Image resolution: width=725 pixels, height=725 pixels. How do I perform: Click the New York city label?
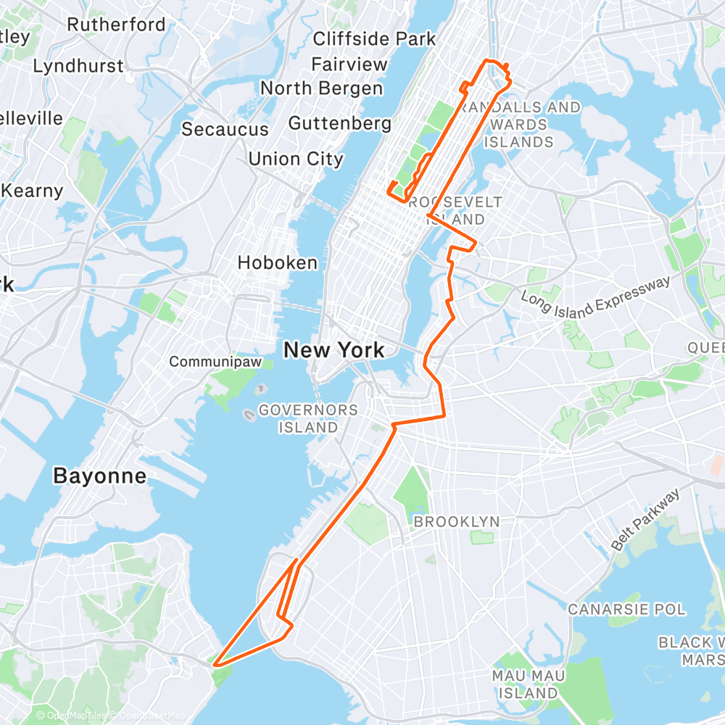pos(333,350)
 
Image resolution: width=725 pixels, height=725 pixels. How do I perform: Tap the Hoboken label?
pos(278,262)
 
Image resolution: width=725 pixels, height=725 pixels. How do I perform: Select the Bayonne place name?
pos(99,476)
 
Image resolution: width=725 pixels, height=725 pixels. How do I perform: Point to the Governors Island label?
pos(308,418)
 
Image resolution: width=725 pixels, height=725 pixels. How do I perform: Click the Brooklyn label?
pos(456,521)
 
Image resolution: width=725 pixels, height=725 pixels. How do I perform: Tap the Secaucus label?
pos(225,129)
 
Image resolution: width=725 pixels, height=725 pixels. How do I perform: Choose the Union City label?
pos(296,158)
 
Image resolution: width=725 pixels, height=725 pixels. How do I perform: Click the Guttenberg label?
pos(340,123)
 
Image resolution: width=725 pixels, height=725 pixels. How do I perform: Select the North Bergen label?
pos(321,88)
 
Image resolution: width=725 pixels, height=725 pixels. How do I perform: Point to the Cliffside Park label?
pos(374,38)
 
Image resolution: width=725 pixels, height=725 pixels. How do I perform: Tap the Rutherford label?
pos(116,25)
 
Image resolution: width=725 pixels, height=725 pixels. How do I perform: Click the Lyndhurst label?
pos(78,66)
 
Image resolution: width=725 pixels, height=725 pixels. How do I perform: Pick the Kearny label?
pos(33,191)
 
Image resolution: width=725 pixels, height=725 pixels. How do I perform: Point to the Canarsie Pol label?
pos(626,609)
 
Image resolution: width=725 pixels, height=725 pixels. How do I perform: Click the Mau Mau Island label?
pos(529,684)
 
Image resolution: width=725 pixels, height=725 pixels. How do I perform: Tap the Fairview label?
pos(349,65)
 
